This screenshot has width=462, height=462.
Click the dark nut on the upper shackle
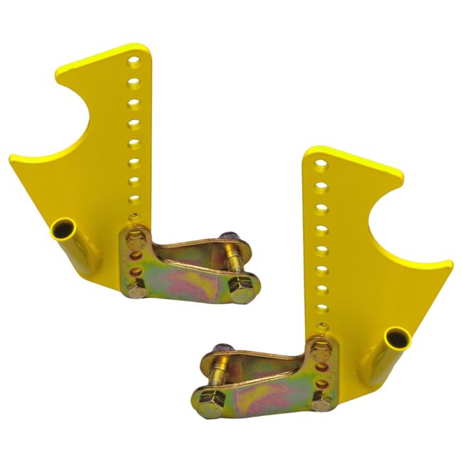click(228, 240)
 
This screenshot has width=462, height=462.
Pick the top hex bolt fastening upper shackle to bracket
click(136, 241)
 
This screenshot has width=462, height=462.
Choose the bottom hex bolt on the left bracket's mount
click(137, 287)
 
